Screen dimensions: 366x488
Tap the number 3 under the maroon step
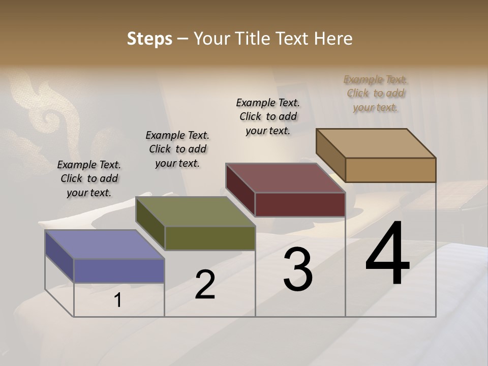point(298,269)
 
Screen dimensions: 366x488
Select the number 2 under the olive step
point(205,285)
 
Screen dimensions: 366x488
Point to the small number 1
point(117,300)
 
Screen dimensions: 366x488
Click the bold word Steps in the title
point(149,39)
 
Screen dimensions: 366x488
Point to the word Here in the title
point(334,39)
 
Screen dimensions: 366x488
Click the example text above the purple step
point(89,178)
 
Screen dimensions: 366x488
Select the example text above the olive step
point(177,149)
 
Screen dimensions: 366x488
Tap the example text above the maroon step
point(268,116)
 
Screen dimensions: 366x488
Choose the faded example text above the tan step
point(376,93)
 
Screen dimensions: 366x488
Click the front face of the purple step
point(119,270)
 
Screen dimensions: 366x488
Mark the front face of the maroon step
point(300,204)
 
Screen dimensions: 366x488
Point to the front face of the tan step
point(390,170)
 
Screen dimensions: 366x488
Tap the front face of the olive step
point(210,238)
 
